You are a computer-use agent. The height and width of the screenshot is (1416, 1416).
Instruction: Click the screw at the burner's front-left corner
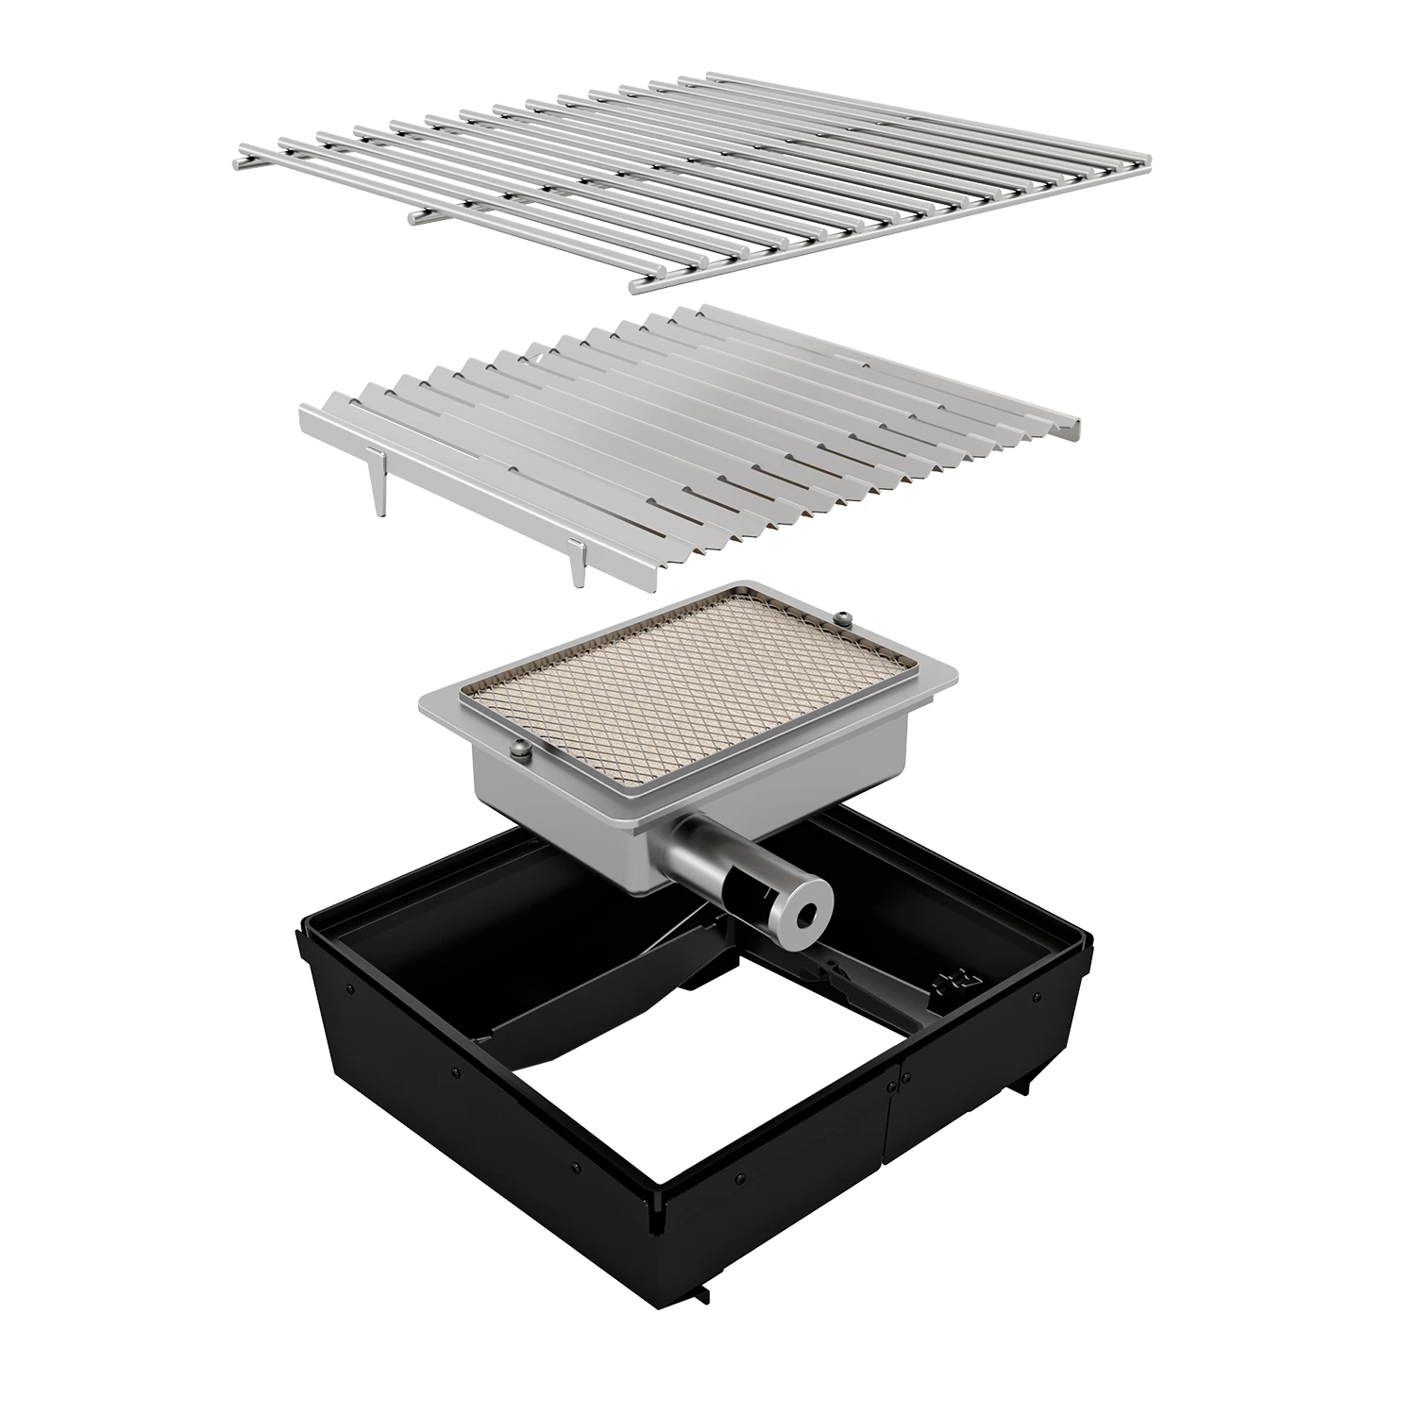[521, 751]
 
